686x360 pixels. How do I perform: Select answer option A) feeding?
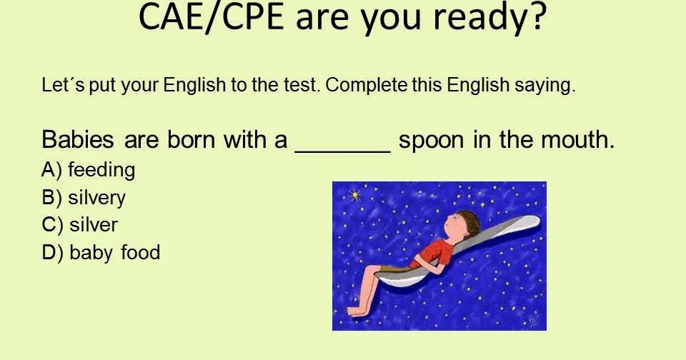tap(89, 170)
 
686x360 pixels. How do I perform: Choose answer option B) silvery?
tap(84, 197)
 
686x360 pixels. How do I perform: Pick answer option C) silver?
tap(80, 225)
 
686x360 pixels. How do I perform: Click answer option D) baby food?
tap(101, 252)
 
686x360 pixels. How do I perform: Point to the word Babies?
tap(79, 139)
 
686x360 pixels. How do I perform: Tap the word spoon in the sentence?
tap(432, 140)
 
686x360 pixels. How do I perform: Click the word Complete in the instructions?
tap(367, 86)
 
